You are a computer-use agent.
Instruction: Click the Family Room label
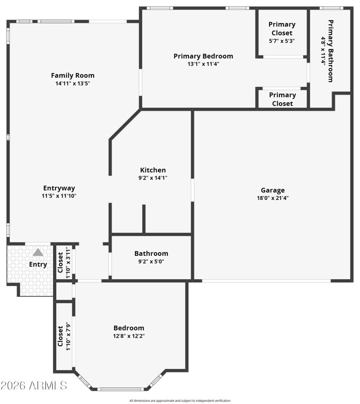tap(72, 75)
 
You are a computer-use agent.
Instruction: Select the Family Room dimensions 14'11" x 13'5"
tap(72, 83)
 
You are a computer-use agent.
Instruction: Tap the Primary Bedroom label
tap(203, 56)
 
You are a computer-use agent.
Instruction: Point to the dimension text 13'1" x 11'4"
tap(203, 64)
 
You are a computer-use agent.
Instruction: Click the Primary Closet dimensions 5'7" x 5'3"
tap(282, 41)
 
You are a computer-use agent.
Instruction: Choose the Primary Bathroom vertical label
tap(331, 51)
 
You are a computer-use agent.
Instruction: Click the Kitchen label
tap(153, 170)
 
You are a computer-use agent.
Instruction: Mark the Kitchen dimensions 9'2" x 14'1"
tap(153, 177)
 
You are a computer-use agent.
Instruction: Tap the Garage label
tap(273, 190)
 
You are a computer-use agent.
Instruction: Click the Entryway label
tap(59, 188)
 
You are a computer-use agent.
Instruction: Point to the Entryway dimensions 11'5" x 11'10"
tap(59, 196)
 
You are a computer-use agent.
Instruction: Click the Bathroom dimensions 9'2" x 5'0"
tap(151, 261)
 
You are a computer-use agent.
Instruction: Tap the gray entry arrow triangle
tap(38, 252)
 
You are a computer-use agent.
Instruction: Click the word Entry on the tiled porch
tap(38, 264)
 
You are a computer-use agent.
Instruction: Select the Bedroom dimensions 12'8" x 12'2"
tap(129, 336)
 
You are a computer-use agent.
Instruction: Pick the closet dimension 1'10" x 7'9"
tap(68, 336)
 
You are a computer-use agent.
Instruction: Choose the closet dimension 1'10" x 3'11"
tap(68, 262)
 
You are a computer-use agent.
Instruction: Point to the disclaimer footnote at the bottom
tap(180, 400)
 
